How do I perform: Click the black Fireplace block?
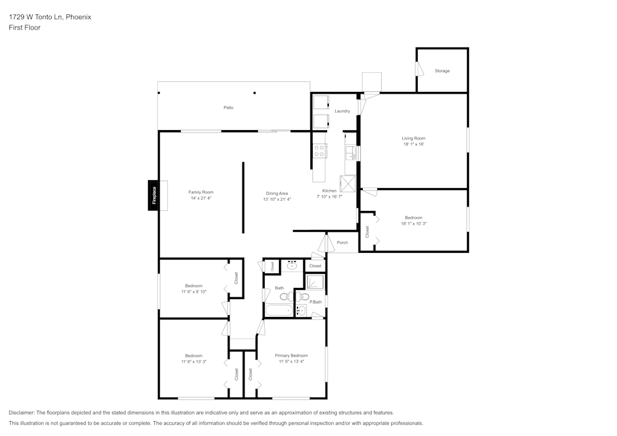tap(154, 195)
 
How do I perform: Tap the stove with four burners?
tap(320, 150)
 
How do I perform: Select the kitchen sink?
tap(350, 152)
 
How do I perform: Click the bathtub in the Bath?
tap(279, 311)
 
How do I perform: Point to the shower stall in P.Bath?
tap(316, 282)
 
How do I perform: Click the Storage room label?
tap(442, 71)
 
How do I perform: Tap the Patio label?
tap(228, 108)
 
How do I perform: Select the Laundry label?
tap(342, 111)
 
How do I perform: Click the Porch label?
tap(342, 242)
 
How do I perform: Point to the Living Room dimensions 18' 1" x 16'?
tap(414, 144)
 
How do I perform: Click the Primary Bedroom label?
tap(291, 355)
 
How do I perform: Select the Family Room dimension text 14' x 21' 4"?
tap(201, 199)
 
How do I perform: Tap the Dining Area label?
tap(277, 193)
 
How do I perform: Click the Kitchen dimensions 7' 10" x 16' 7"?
tap(329, 197)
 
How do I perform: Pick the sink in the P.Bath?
tap(301, 311)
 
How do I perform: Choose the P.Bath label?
tap(316, 302)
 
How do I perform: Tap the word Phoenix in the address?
tap(78, 17)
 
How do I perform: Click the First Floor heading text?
tap(25, 28)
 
